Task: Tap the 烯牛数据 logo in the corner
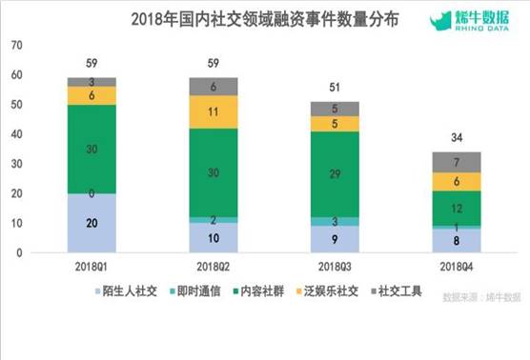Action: [474, 20]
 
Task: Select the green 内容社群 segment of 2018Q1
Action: [92, 149]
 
